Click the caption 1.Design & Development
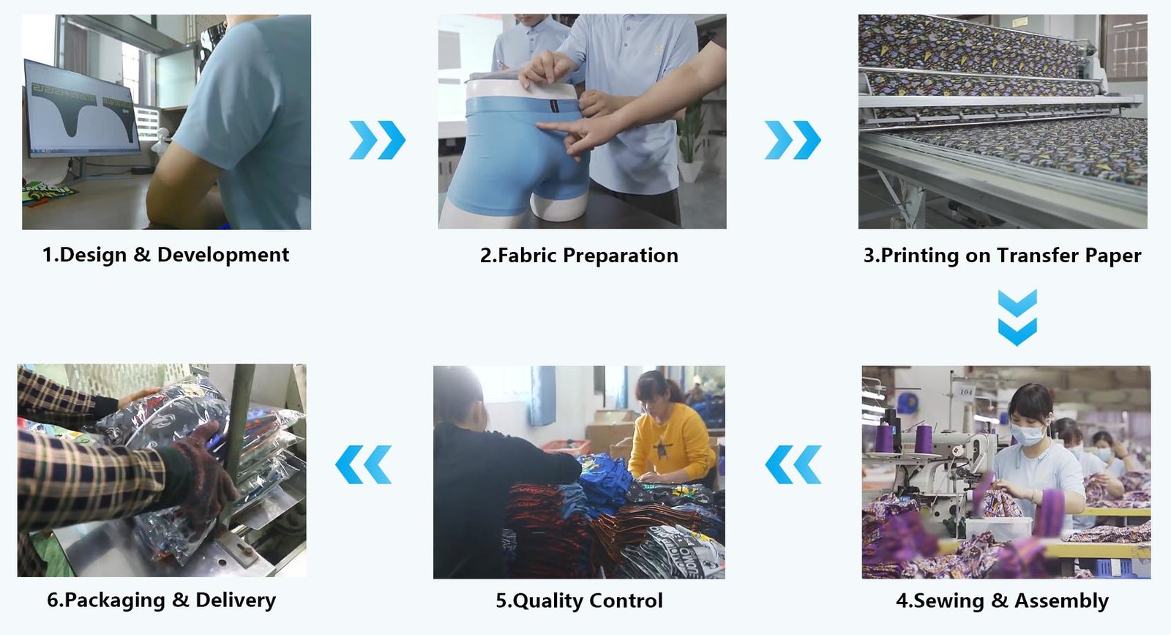(x=165, y=255)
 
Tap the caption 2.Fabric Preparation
(x=579, y=256)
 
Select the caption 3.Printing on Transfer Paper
(x=1002, y=256)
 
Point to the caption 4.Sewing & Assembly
(x=1002, y=601)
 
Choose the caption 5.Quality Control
(x=579, y=601)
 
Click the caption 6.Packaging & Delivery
(x=162, y=600)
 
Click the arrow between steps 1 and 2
(x=378, y=140)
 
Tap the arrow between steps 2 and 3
(x=793, y=140)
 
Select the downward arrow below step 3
(x=1017, y=318)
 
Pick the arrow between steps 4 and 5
(x=793, y=464)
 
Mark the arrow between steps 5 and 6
(x=363, y=464)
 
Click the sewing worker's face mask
(x=1027, y=434)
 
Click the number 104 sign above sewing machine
(x=965, y=392)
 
